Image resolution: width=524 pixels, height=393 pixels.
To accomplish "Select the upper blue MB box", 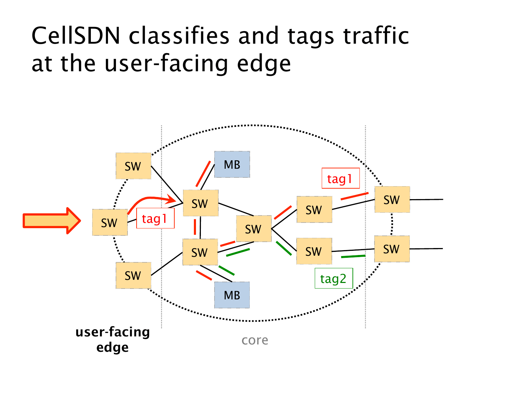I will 232,165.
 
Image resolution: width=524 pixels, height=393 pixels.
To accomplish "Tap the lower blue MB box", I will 232,295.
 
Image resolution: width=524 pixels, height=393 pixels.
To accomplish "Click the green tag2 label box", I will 334,278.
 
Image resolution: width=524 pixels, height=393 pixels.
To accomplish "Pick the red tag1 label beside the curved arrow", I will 155,219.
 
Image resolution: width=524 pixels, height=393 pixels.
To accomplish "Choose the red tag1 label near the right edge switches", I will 340,179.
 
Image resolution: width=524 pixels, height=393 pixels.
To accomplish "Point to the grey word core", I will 255,340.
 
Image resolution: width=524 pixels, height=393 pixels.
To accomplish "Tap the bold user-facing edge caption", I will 112,339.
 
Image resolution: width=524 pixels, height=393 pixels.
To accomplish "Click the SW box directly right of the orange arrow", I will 110,223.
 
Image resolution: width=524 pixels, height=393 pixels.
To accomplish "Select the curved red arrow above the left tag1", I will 150,200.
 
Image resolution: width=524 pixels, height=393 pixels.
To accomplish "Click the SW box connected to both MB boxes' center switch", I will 254,229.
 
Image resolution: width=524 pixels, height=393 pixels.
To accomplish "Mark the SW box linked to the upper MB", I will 201,203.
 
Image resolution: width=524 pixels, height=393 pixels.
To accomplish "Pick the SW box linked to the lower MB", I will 200,252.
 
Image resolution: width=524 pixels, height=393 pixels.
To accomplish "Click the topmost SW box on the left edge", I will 133,166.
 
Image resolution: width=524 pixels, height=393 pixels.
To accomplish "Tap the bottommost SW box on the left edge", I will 133,276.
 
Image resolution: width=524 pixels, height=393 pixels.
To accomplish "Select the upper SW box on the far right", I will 392,200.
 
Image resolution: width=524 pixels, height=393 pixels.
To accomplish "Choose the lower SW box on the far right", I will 392,249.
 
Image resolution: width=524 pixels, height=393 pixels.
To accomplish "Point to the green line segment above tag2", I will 353,257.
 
